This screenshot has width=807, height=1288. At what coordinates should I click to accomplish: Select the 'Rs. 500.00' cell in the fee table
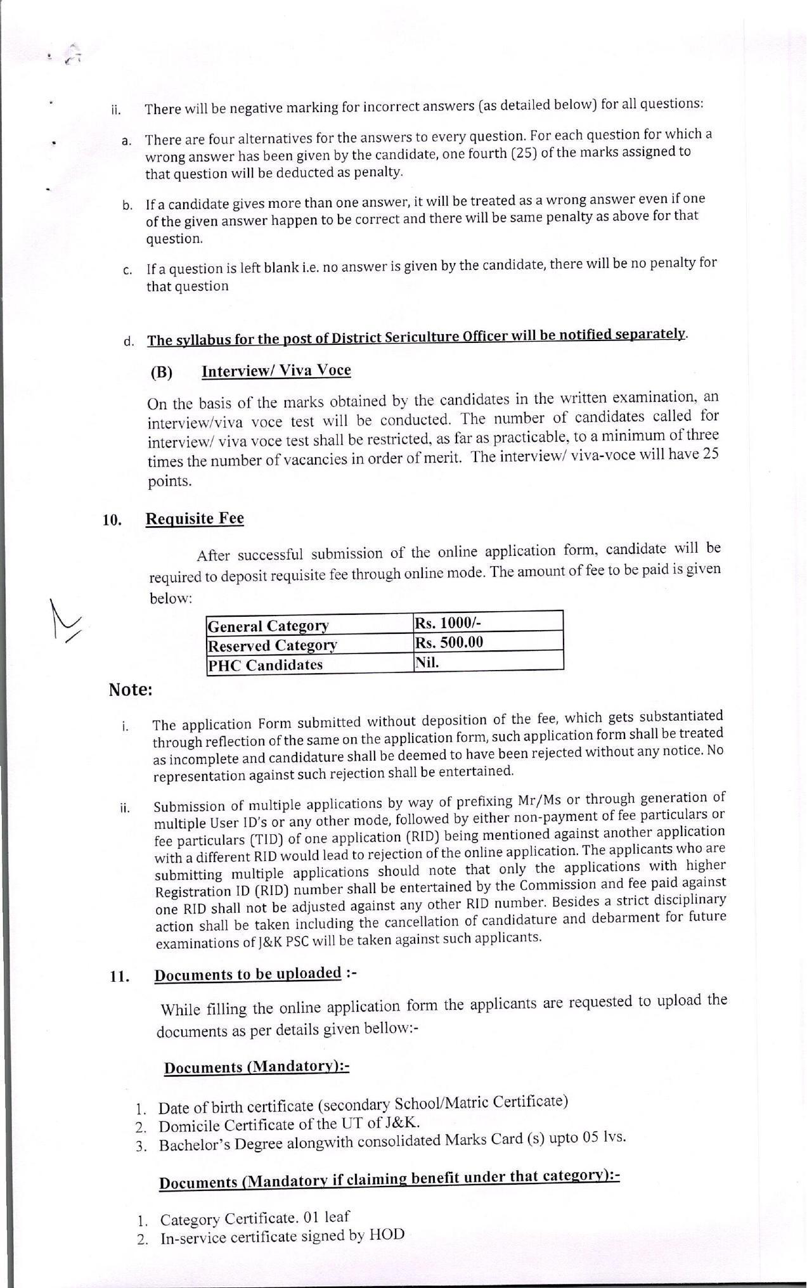(x=449, y=642)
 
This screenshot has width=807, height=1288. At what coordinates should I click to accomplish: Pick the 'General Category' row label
(x=268, y=626)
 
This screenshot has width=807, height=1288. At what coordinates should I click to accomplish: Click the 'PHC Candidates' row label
(x=265, y=665)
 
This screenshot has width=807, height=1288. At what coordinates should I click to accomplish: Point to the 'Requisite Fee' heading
(x=195, y=518)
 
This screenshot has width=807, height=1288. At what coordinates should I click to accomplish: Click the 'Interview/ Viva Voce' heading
(x=276, y=371)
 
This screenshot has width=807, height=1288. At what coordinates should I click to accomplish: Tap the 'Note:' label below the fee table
(x=131, y=690)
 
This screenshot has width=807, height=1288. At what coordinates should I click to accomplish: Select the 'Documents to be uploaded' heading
(x=248, y=974)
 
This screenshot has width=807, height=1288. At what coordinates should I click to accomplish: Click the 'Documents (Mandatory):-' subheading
(x=257, y=1067)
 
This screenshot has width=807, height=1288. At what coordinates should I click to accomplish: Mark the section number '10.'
(x=112, y=520)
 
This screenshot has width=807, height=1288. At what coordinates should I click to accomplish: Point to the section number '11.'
(x=120, y=977)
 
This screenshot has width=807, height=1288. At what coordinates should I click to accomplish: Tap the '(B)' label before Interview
(x=162, y=372)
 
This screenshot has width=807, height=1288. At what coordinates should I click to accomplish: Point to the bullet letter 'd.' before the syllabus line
(x=129, y=342)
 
